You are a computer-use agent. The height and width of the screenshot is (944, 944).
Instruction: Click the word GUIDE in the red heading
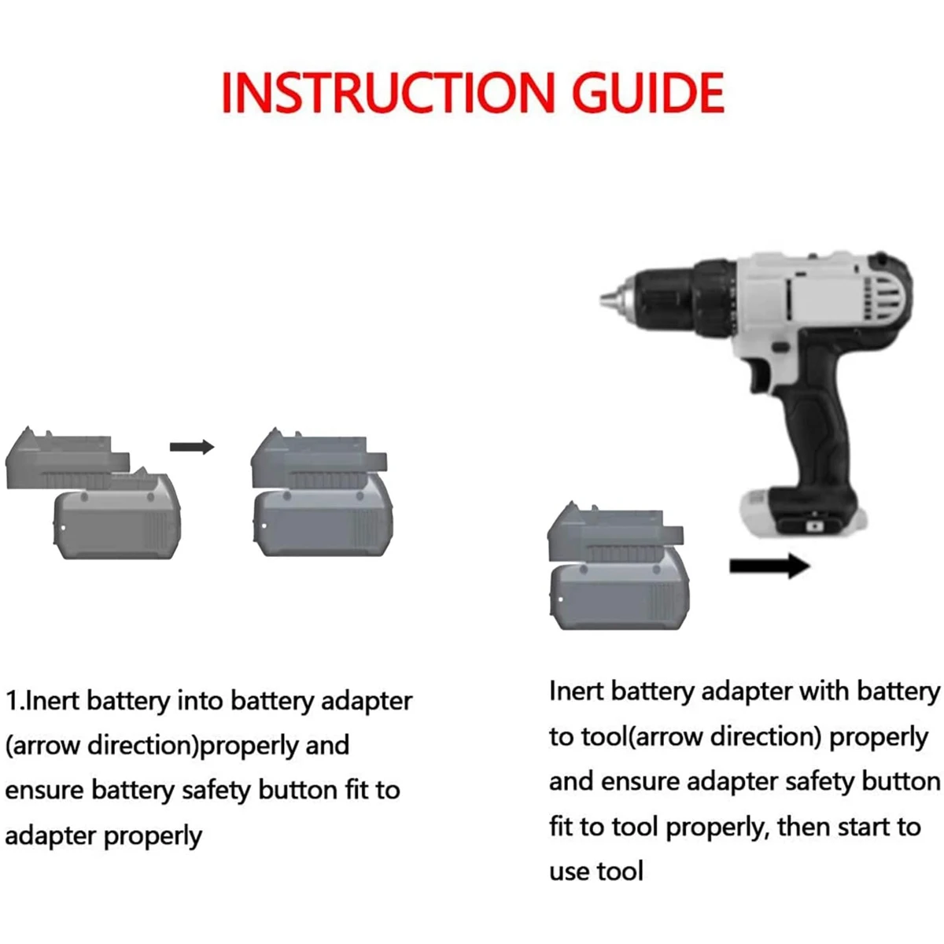click(x=647, y=93)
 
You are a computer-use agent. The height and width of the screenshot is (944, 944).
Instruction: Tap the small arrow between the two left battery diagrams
click(x=192, y=447)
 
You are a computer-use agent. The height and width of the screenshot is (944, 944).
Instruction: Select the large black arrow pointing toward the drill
click(x=769, y=566)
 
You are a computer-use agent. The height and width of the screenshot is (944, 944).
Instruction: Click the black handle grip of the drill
click(x=818, y=425)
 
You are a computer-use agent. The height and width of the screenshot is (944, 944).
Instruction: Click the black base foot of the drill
click(x=802, y=515)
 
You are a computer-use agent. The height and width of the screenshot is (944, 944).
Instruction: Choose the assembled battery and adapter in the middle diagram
click(x=321, y=496)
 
